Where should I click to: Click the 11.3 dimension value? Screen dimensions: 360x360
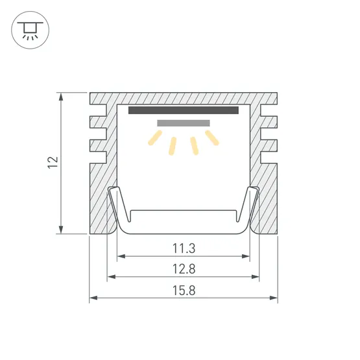(x=184, y=248)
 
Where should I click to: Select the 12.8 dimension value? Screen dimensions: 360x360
(x=184, y=269)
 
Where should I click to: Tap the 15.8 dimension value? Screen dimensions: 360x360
(x=184, y=291)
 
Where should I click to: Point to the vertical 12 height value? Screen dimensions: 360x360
(x=53, y=163)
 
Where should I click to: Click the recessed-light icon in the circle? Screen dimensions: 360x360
(x=30, y=30)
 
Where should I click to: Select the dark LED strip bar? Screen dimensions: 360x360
(x=184, y=110)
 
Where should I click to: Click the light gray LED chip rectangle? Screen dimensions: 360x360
(x=184, y=123)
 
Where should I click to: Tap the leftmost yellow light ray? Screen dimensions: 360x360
(x=155, y=138)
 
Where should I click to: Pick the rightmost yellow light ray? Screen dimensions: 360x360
(x=212, y=138)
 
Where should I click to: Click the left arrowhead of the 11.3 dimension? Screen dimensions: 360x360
(x=121, y=256)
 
